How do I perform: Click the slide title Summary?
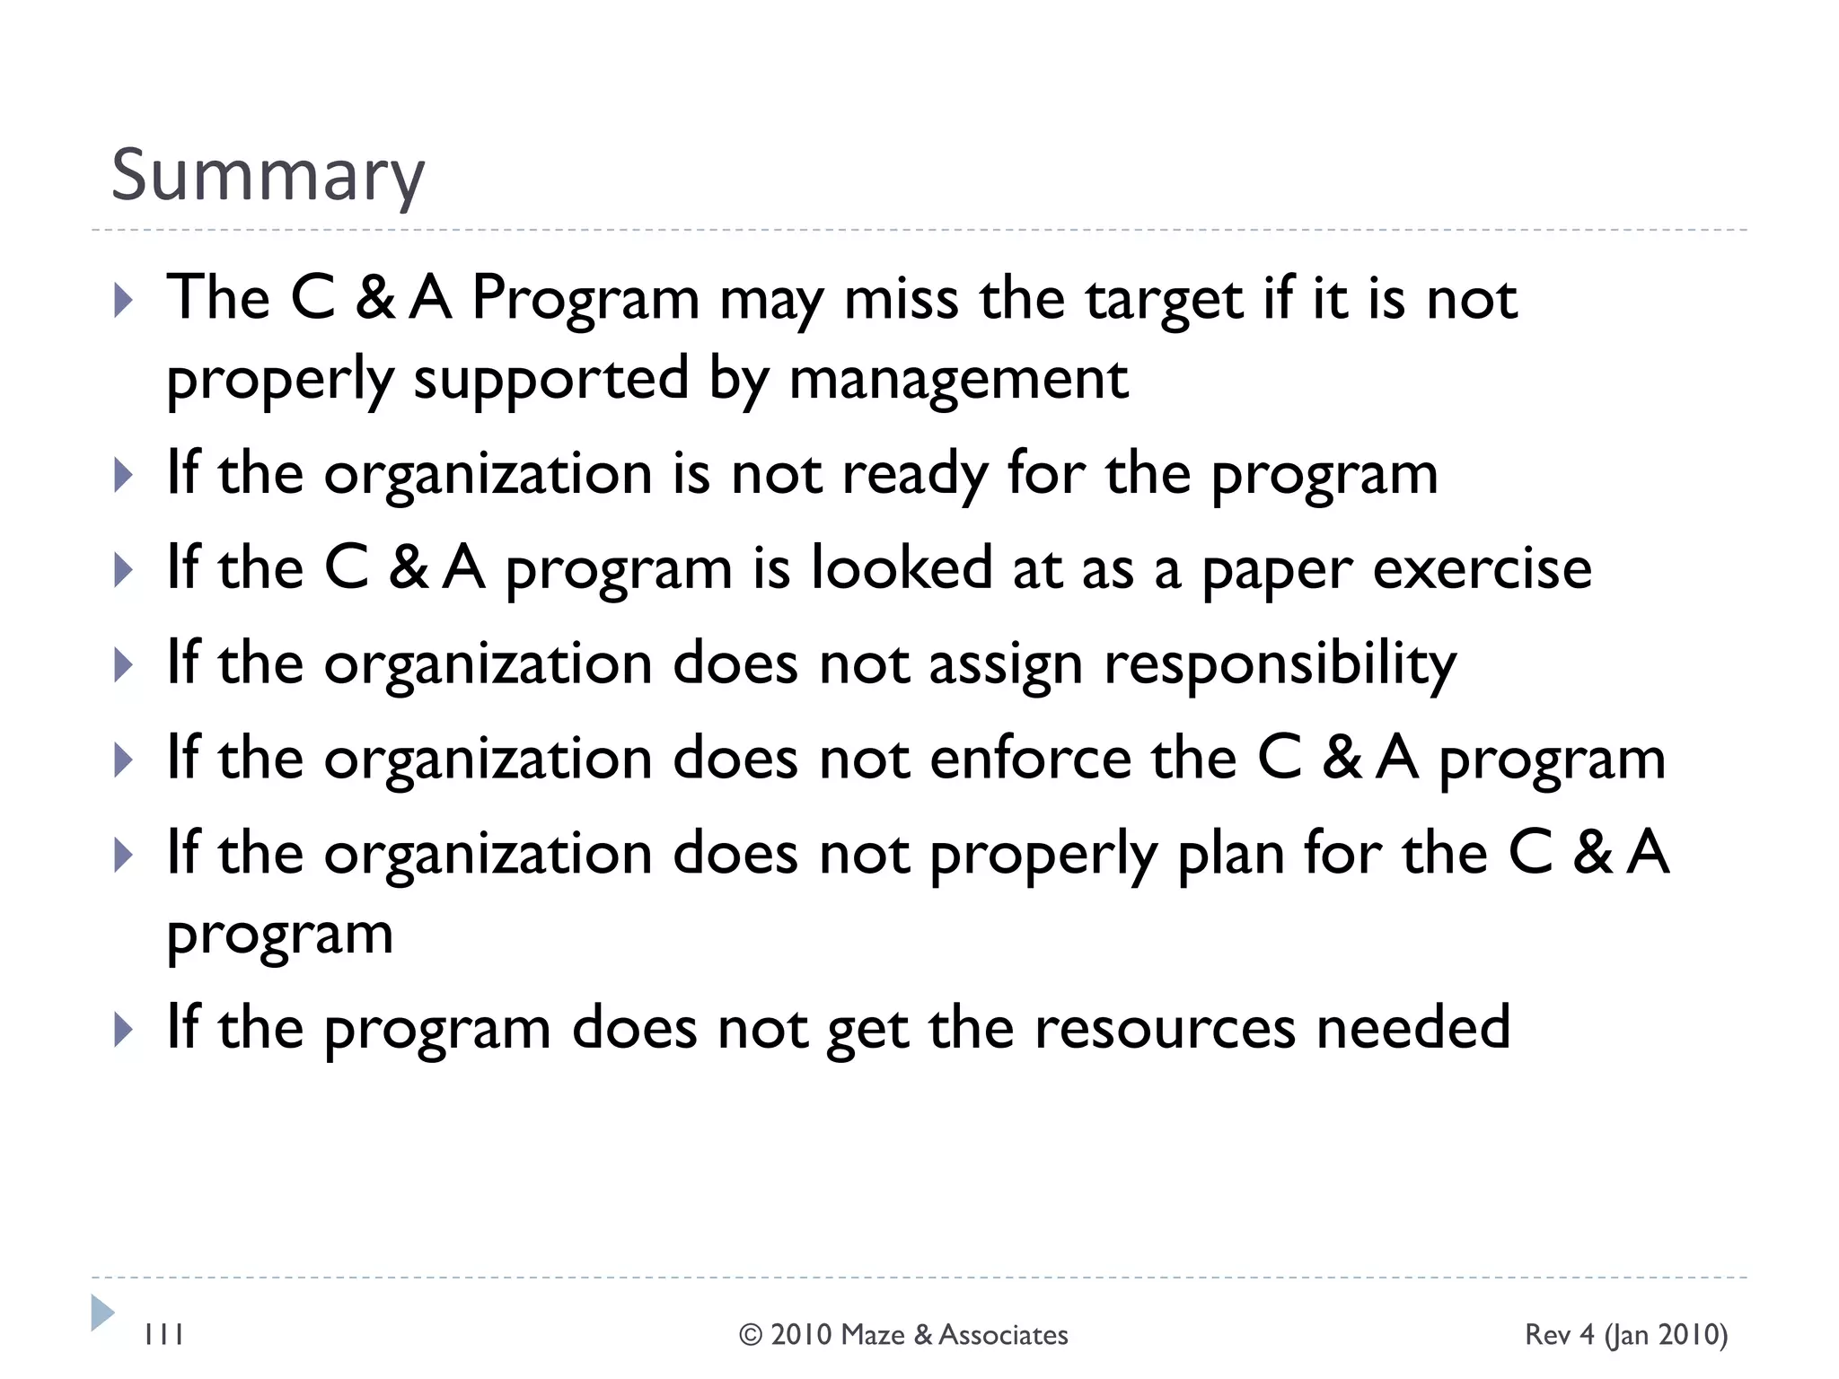(x=268, y=176)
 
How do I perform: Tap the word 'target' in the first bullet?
(x=1164, y=299)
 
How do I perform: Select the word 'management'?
(x=958, y=379)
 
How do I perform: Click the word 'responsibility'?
(x=1280, y=665)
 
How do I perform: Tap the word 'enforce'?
(x=1031, y=759)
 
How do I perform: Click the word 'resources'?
(x=1165, y=1028)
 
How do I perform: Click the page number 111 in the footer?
(x=163, y=1335)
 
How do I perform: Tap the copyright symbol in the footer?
(x=750, y=1335)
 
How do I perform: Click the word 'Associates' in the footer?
(x=1003, y=1335)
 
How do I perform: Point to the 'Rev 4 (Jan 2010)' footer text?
(x=1626, y=1335)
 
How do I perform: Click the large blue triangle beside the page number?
(x=102, y=1313)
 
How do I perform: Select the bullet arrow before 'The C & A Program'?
(x=124, y=301)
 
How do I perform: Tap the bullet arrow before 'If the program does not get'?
(x=124, y=1030)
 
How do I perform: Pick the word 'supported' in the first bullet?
(x=550, y=379)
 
